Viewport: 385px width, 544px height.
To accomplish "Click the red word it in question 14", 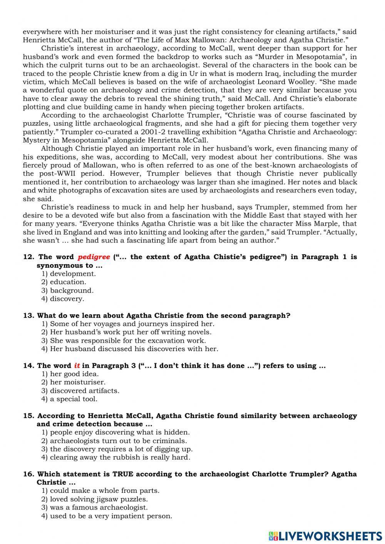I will click(77, 366).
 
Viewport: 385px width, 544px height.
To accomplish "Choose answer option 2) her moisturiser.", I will click(73, 382).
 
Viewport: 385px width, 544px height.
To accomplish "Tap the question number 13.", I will click(28, 316).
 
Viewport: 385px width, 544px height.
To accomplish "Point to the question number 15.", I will click(28, 416).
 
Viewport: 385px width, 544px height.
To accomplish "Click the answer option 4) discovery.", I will click(62, 299).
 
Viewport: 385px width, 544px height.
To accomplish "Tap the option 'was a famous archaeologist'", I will click(94, 507).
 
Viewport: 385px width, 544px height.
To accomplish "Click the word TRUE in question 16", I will click(123, 474).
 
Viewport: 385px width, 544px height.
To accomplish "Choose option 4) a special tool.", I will click(69, 399).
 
